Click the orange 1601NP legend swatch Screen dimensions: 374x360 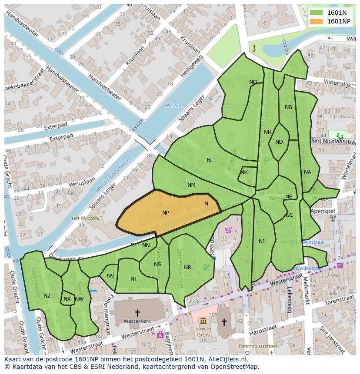pos(317,21)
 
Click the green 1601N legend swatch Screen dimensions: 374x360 pos(317,13)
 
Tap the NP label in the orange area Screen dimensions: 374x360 pos(166,213)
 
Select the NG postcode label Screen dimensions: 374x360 pos(253,82)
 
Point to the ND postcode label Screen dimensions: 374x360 pos(279,142)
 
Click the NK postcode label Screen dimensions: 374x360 pos(244,172)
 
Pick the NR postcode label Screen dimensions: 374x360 pos(187,268)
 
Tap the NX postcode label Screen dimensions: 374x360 pos(67,299)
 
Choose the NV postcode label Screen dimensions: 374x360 pos(110,276)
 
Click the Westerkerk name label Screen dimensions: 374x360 pos(137,321)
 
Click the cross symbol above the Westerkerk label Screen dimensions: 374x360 pos(137,312)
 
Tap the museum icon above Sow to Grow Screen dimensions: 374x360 pos(203,321)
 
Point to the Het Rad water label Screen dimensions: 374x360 pos(174,106)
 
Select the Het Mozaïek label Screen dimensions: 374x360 pos(86,218)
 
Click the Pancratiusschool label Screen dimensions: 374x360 pos(257,346)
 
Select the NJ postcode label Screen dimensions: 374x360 pos(262,242)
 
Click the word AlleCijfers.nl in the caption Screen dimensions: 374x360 pos(226,359)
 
